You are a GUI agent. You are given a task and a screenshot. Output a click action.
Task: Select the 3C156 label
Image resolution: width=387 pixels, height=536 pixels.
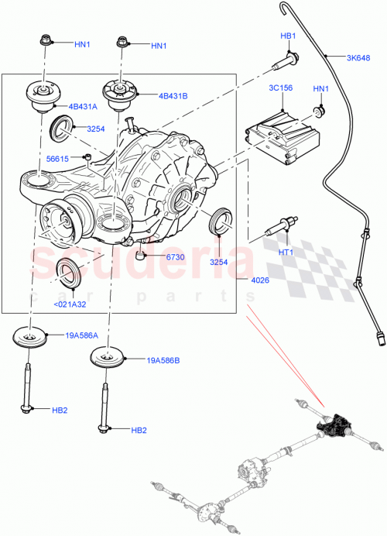tap(280, 88)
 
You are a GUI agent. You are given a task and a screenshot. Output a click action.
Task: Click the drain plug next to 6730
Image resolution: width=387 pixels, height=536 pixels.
tap(140, 254)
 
